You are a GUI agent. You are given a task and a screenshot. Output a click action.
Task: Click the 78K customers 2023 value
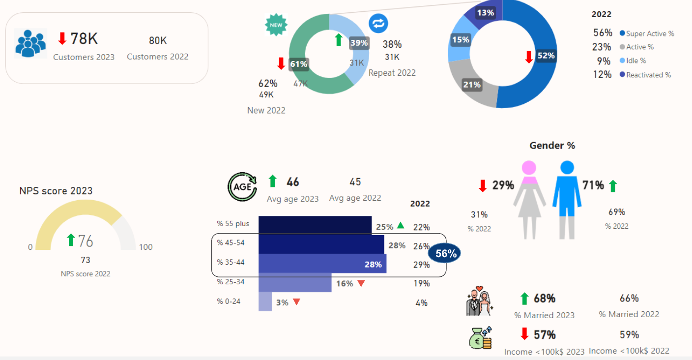(84, 39)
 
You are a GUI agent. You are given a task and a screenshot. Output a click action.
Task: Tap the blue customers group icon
(30, 43)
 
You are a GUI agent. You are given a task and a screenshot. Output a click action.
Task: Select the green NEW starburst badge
(276, 25)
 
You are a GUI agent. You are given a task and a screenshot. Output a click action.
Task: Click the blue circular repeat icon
(378, 23)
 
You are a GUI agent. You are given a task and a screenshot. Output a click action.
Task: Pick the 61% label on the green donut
(298, 64)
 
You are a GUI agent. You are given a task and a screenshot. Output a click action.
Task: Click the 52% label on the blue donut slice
(546, 56)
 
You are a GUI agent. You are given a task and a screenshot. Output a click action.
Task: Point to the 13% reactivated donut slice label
(485, 13)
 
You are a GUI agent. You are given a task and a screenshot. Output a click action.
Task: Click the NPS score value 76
(85, 241)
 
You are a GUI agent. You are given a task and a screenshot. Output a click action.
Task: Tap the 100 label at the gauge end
(145, 247)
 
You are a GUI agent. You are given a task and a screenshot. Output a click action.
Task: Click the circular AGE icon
(242, 187)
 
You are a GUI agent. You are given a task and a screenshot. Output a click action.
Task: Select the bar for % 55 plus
(315, 225)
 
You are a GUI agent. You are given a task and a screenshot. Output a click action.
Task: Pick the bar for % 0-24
(265, 301)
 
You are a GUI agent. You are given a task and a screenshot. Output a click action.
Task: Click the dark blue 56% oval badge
(445, 254)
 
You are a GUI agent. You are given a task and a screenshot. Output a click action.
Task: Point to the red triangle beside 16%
(361, 283)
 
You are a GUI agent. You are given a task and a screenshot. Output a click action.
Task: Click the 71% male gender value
(593, 185)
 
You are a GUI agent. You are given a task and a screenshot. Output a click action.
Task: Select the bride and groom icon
(478, 302)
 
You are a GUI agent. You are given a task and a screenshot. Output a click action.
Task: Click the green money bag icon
(480, 338)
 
